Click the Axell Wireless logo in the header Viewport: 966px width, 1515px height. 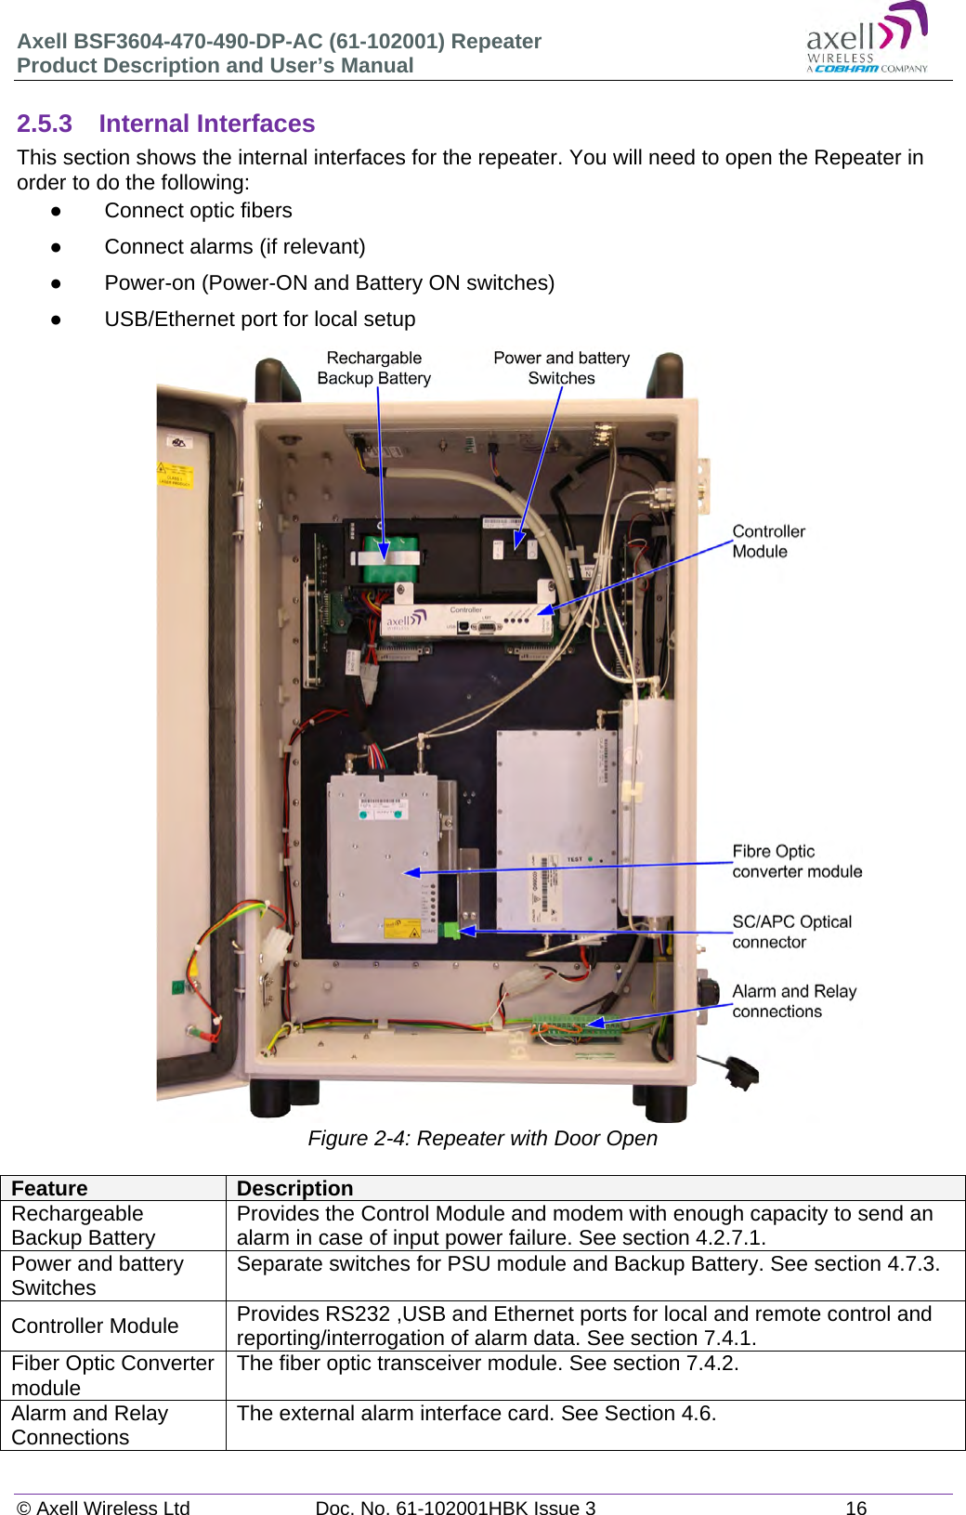click(866, 40)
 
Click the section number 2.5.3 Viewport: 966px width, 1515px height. click(45, 124)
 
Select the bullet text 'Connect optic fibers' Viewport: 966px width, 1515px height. click(198, 211)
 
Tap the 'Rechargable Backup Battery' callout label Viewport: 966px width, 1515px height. click(374, 368)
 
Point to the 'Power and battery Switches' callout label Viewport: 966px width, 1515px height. click(561, 368)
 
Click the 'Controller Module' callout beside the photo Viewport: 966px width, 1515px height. click(768, 542)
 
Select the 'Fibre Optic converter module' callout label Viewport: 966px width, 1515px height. click(796, 861)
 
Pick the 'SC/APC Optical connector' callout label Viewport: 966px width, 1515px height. click(791, 932)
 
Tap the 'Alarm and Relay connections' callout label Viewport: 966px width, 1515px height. click(793, 1001)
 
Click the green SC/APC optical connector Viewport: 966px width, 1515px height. click(451, 930)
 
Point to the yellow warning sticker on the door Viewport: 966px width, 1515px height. click(176, 475)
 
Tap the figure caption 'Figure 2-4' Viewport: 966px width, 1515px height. click(482, 1139)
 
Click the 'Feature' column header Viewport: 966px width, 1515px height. click(50, 1189)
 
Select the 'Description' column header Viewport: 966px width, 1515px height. click(294, 1189)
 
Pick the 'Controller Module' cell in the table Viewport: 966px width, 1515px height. click(95, 1326)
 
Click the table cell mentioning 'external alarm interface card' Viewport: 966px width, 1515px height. click(476, 1414)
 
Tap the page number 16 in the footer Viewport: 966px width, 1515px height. click(855, 1508)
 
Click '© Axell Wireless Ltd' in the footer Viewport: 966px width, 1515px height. click(103, 1508)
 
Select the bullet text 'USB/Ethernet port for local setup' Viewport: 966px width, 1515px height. click(259, 320)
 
